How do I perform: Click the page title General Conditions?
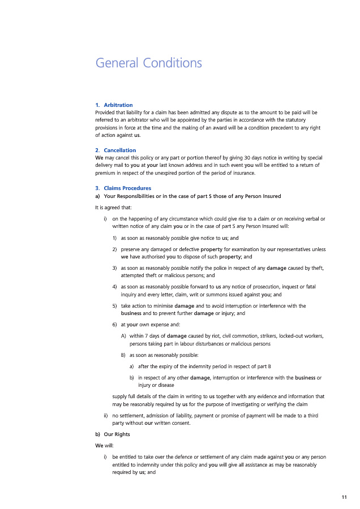tap(149, 63)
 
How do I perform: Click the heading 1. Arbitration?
tap(114, 105)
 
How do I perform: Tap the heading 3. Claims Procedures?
tap(123, 188)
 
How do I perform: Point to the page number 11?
tap(344, 497)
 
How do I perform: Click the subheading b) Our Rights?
tap(112, 434)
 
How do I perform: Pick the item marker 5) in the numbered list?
tap(115, 306)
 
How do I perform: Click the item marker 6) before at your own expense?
tap(115, 325)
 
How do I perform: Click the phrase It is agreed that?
tap(110, 207)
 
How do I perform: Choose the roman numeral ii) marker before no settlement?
tap(106, 416)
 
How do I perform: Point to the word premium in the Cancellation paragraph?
tap(105, 173)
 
